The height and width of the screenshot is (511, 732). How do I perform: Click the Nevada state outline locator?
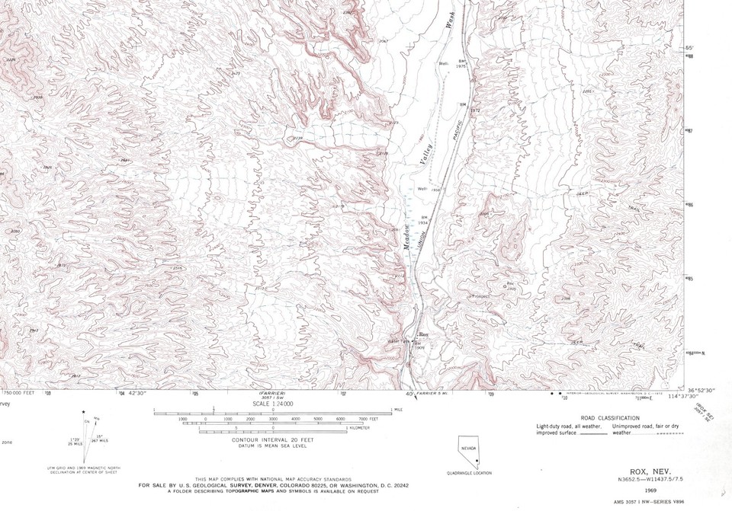pyautogui.click(x=468, y=452)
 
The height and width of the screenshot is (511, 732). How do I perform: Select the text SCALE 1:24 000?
pyautogui.click(x=271, y=404)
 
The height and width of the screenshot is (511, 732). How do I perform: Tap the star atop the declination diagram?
pyautogui.click(x=84, y=413)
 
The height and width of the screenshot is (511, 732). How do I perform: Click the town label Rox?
pyautogui.click(x=425, y=335)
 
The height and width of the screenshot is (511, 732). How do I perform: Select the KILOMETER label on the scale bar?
pyautogui.click(x=358, y=429)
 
